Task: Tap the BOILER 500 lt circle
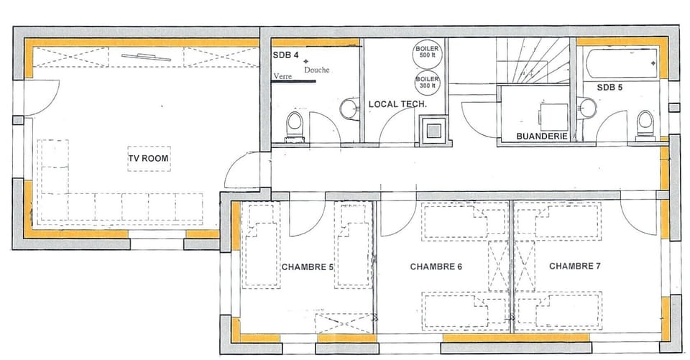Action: point(425,52)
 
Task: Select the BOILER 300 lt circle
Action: point(425,82)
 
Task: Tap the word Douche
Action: point(317,70)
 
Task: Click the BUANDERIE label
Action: point(543,136)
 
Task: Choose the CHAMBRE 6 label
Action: point(436,267)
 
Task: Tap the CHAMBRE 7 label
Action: point(575,266)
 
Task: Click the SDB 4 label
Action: point(285,55)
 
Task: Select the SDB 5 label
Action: point(609,88)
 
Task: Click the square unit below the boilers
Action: point(433,130)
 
